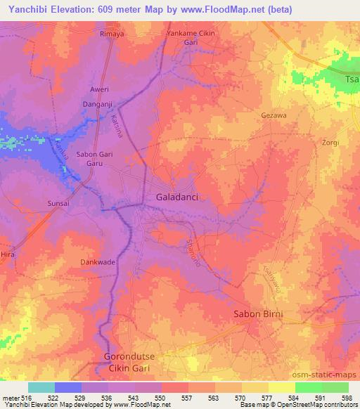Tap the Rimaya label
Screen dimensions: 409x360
(112, 33)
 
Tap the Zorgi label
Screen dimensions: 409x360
(328, 142)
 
